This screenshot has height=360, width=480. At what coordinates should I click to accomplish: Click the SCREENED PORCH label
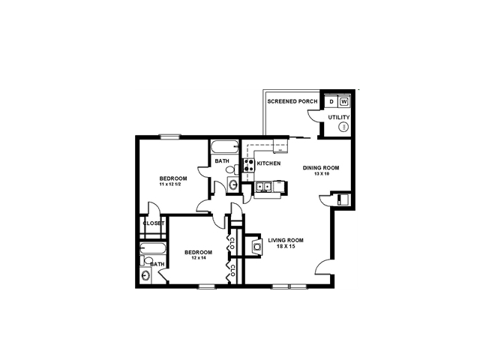293,100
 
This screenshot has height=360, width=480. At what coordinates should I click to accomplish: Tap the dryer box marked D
331,101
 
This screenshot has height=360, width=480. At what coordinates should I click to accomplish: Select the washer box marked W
344,101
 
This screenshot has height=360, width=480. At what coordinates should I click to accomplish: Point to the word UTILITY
339,117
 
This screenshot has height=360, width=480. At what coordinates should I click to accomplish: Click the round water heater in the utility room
344,127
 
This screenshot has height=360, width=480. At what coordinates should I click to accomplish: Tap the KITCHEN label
268,163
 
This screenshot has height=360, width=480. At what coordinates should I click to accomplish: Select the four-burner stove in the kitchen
248,165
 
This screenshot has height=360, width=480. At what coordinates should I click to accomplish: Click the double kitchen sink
263,187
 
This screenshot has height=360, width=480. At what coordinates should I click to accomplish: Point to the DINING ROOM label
321,168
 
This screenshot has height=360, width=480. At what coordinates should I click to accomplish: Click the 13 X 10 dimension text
321,174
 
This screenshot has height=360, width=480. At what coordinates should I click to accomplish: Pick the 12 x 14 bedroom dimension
198,258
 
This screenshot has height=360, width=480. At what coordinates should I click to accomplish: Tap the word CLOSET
153,223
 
